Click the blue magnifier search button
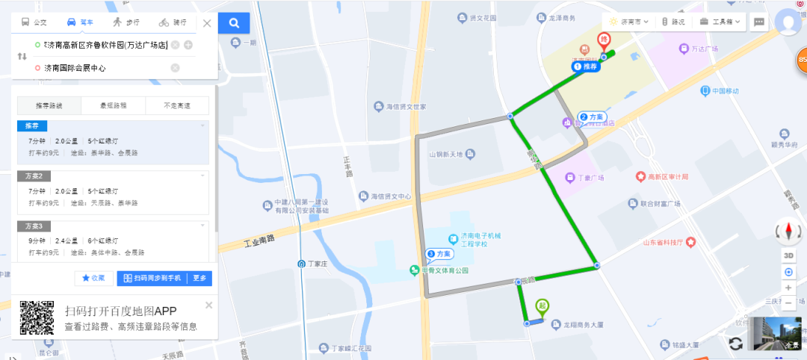(x=234, y=23)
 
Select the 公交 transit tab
(x=34, y=22)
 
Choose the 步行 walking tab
(x=127, y=22)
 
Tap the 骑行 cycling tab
(x=173, y=22)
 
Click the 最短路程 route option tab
(x=113, y=106)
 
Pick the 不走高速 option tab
(x=176, y=106)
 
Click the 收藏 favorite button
(x=93, y=278)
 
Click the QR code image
(x=37, y=318)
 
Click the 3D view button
(x=788, y=255)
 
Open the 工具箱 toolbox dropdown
(x=720, y=22)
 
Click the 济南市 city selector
(x=628, y=22)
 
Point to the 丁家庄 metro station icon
(x=300, y=264)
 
